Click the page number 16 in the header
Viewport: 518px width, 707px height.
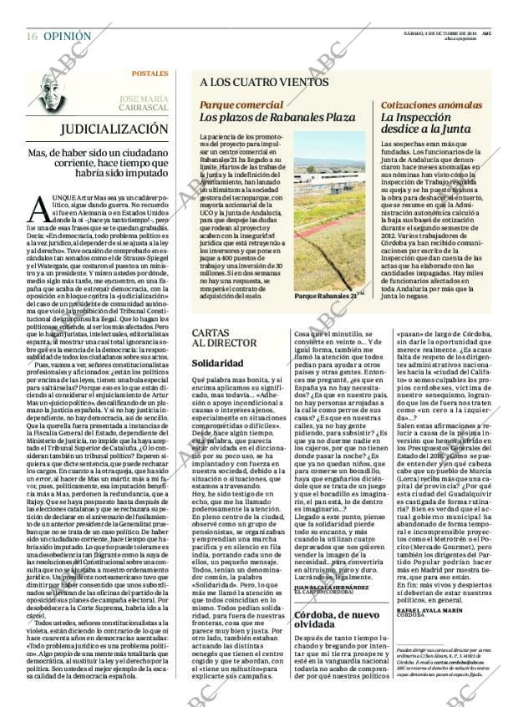(31, 37)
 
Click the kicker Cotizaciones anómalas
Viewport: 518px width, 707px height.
(429, 105)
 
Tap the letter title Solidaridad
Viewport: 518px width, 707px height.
(217, 364)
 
